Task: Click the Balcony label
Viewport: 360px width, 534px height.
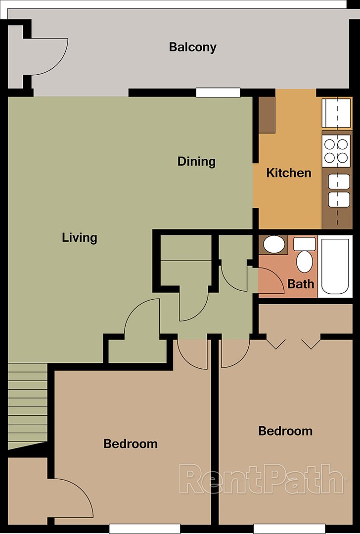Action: coord(192,47)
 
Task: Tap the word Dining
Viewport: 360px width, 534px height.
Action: coord(196,162)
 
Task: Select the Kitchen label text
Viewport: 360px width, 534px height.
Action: coord(289,173)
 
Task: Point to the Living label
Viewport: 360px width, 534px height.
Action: coord(79,238)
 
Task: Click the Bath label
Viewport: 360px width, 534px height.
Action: coord(301,284)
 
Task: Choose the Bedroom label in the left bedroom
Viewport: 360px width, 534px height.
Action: coord(131,444)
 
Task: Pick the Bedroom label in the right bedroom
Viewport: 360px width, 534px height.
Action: coord(285,431)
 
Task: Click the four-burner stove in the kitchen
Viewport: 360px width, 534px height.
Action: coord(336,151)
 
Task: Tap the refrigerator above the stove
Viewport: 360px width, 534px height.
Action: coord(336,113)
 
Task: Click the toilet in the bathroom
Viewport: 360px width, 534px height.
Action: coord(304,258)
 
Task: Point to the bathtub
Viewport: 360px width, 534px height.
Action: coord(335,266)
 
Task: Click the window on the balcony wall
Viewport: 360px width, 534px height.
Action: coord(218,92)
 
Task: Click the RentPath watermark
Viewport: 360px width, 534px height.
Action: coord(261,479)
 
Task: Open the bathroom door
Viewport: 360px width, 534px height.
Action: coord(271,280)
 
